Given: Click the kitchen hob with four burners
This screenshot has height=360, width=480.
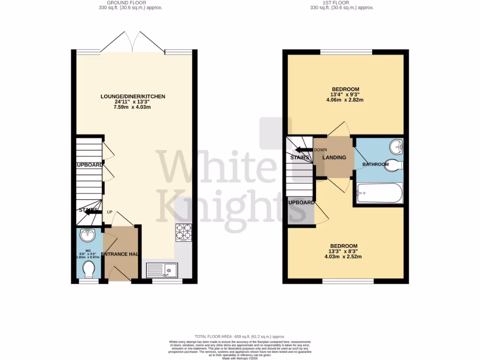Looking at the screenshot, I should point(183,233).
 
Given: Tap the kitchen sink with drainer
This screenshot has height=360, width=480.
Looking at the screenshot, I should point(162,270).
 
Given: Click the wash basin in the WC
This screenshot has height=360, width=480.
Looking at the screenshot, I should point(87,235).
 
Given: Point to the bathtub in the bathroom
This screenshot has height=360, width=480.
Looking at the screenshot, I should point(379,193).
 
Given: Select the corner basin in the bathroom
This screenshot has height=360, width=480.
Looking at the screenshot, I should point(397,147).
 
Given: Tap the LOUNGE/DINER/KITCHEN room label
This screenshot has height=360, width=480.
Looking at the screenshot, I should point(133,97).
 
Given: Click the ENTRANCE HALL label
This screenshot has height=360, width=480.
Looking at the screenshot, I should point(120,254).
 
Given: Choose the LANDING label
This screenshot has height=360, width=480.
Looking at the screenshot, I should point(334,157).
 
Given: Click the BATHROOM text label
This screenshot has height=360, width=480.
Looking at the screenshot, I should point(375,165).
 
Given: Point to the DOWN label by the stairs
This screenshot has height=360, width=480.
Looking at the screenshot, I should point(320,150).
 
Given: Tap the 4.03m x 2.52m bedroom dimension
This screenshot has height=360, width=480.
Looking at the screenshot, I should point(345,256).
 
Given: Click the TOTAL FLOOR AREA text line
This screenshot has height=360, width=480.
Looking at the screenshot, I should point(240,337).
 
